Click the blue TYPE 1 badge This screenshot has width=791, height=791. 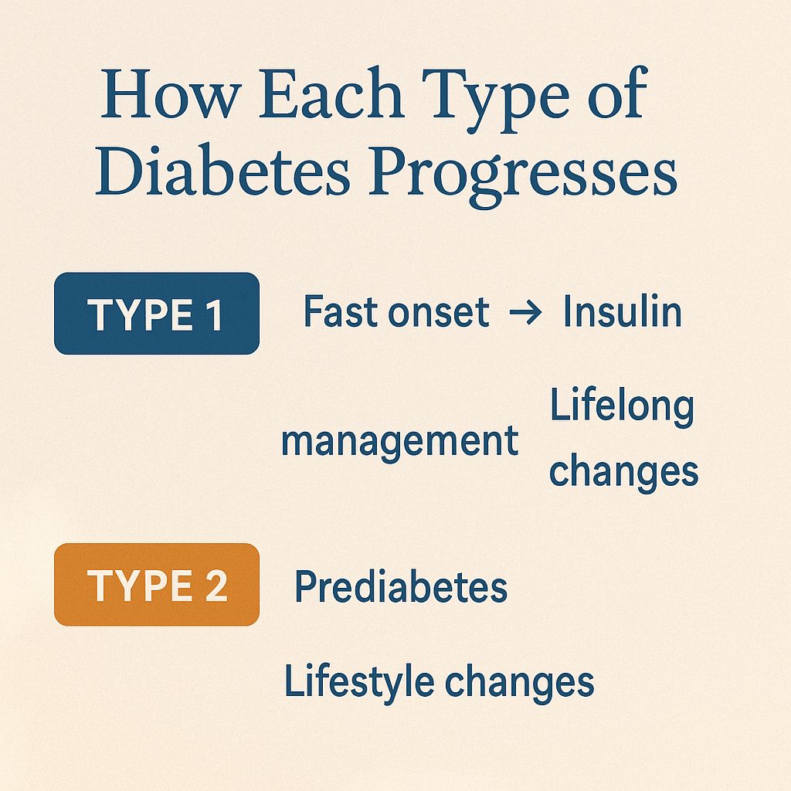coord(156,314)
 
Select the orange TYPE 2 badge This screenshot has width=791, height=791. coord(156,584)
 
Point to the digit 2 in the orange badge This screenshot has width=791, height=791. coord(216,586)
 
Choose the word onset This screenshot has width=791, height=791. coord(439,313)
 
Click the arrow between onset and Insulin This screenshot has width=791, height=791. coord(525,313)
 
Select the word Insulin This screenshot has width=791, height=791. coord(622,311)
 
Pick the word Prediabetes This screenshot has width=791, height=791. coord(401,586)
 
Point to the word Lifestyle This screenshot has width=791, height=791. coord(358,682)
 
